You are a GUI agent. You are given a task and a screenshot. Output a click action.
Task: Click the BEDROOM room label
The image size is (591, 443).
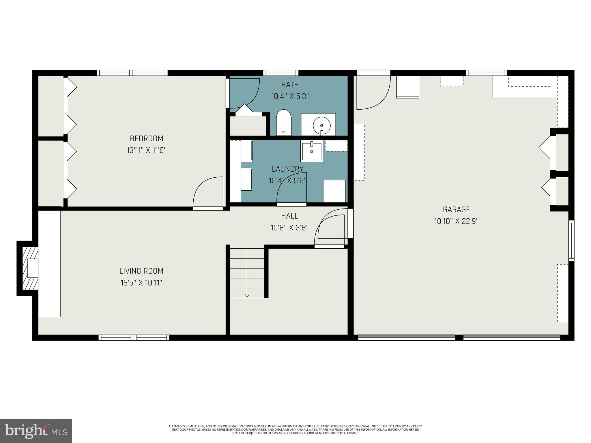(x=147, y=139)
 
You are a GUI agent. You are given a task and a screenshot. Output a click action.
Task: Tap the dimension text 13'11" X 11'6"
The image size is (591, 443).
(x=147, y=150)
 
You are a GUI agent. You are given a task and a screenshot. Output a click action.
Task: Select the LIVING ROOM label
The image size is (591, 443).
(x=141, y=271)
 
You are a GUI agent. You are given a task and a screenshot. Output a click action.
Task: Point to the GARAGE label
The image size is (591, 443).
(x=456, y=210)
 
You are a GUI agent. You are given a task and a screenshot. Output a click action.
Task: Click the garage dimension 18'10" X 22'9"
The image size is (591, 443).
(x=456, y=221)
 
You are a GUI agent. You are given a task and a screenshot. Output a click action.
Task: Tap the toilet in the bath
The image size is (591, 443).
(x=284, y=122)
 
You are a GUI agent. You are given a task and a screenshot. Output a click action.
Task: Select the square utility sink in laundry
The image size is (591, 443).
(x=312, y=151)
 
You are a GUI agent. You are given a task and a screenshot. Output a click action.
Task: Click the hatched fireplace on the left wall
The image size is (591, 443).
(x=30, y=268)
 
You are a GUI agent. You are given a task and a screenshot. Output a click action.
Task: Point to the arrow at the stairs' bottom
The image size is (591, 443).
(x=247, y=295)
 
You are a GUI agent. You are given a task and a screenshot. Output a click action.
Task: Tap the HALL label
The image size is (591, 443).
(x=289, y=216)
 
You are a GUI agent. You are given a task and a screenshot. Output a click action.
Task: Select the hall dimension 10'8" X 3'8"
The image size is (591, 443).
(x=289, y=228)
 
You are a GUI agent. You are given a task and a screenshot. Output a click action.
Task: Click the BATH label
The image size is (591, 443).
(x=290, y=85)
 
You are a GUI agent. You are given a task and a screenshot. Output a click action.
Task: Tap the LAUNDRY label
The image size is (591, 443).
(x=287, y=169)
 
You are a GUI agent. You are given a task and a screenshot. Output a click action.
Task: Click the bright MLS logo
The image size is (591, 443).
(x=36, y=431)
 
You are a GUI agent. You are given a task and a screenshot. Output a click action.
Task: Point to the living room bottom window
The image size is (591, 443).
(x=134, y=337)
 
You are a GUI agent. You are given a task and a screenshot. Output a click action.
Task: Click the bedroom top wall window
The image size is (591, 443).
(x=132, y=73)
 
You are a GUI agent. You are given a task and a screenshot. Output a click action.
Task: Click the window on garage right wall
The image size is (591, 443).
(x=571, y=241)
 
